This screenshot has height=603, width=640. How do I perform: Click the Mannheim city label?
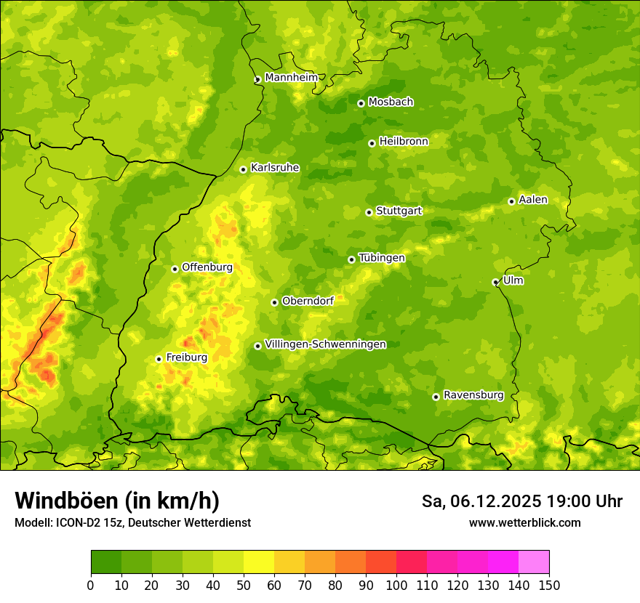tap(291, 78)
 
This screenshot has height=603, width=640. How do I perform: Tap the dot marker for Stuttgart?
tap(369, 212)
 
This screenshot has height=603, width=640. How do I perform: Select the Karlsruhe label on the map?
tap(274, 168)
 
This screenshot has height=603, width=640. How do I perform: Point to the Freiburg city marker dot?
tap(159, 359)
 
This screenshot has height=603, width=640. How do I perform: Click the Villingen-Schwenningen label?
tap(325, 344)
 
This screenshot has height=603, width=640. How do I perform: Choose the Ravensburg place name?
tap(473, 395)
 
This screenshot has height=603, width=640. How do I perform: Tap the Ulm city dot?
tap(495, 282)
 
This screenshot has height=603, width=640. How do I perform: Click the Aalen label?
tap(533, 200)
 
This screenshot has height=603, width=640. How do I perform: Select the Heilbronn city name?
tap(404, 142)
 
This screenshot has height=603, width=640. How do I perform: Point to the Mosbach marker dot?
tap(361, 103)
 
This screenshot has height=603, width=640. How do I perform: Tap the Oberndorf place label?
tap(308, 301)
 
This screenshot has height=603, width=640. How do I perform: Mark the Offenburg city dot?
tap(175, 269)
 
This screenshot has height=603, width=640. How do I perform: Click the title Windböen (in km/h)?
tap(116, 501)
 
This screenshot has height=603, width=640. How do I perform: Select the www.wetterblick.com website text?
tap(524, 522)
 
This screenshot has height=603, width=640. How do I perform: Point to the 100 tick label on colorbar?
tap(396, 585)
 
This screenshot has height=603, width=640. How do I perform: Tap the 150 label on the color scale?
tap(548, 585)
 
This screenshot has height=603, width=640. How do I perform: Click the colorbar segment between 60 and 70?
tap(289, 562)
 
